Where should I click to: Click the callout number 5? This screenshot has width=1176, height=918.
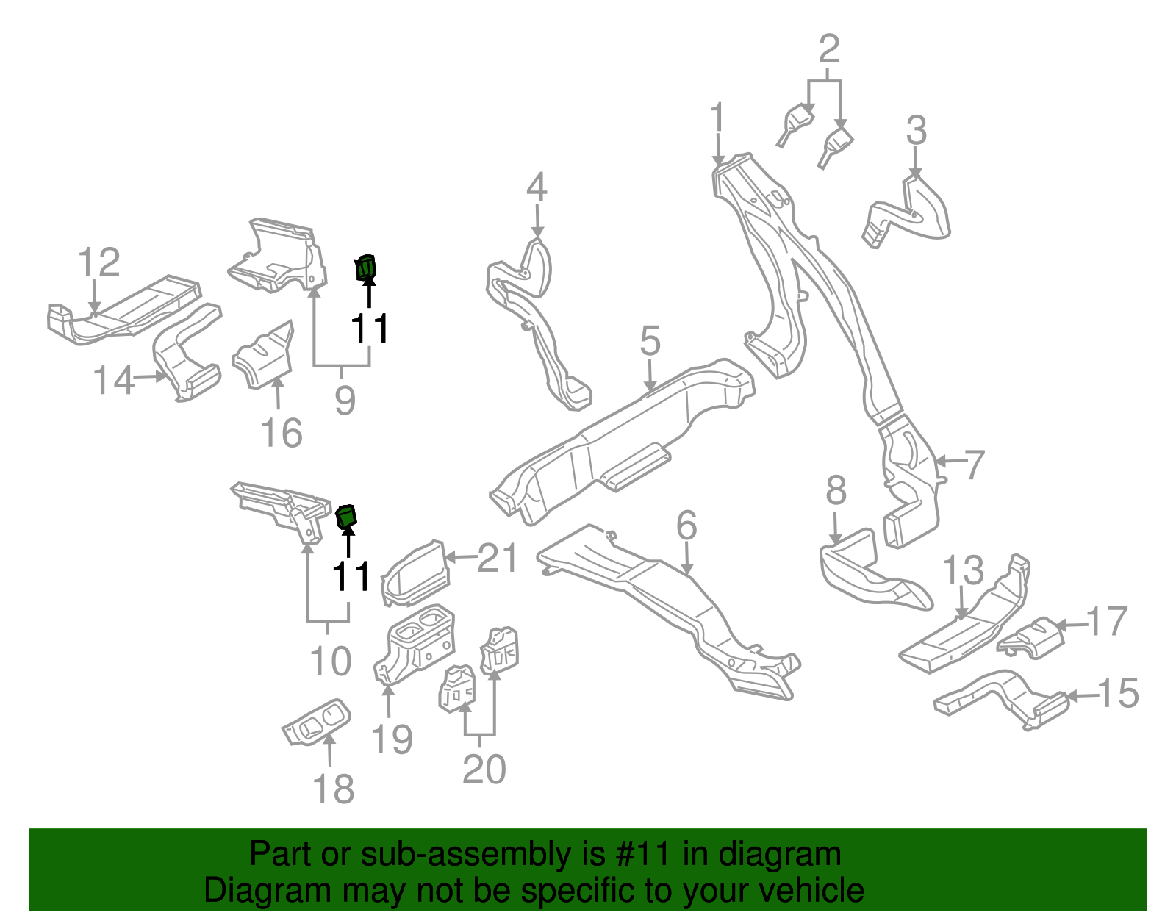(x=650, y=342)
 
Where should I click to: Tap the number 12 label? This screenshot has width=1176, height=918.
(x=98, y=262)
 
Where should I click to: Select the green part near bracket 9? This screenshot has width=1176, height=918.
(x=365, y=268)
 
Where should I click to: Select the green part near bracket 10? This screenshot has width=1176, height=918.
(x=345, y=517)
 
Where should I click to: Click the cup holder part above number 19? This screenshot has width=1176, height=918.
(x=416, y=640)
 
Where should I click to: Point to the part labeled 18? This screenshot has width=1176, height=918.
(x=316, y=722)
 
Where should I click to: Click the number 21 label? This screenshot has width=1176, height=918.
(x=498, y=559)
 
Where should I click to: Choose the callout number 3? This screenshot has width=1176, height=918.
(x=916, y=131)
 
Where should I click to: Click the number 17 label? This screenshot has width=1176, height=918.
(x=1106, y=622)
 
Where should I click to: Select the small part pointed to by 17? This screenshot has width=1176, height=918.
(x=1032, y=639)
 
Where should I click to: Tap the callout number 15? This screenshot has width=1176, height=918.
(x=1118, y=693)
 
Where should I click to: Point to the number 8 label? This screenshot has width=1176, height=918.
(x=836, y=491)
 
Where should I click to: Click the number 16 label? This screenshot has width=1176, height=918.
(x=282, y=433)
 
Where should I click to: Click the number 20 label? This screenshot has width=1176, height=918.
(x=484, y=769)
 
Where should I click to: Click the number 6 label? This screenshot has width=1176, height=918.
(x=686, y=526)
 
